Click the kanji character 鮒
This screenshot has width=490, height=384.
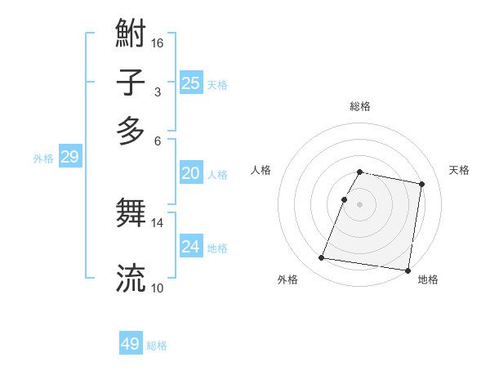click(x=131, y=34)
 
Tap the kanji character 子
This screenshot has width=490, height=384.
click(x=131, y=83)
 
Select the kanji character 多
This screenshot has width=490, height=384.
click(x=131, y=130)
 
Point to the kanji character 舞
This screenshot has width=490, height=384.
click(x=131, y=214)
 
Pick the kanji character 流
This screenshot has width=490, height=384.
click(x=131, y=278)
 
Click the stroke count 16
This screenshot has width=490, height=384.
click(x=158, y=42)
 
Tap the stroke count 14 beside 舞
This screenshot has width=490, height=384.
click(x=158, y=222)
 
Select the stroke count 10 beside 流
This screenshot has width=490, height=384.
click(x=158, y=287)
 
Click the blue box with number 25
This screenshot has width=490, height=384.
click(x=190, y=83)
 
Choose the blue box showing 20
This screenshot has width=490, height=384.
click(x=190, y=173)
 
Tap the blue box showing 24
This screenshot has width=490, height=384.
click(x=190, y=247)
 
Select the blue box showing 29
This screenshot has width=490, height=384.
click(x=69, y=158)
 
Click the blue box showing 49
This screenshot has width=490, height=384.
click(x=131, y=344)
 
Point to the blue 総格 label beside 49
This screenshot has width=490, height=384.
click(x=157, y=346)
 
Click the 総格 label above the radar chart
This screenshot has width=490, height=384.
click(x=360, y=106)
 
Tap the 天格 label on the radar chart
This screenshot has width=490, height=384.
click(x=460, y=170)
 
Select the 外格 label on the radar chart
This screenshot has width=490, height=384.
click(x=287, y=279)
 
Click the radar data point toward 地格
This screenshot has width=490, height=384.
click(x=407, y=270)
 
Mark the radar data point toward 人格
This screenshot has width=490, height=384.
click(x=345, y=199)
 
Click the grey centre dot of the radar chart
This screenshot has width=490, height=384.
click(x=360, y=204)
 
